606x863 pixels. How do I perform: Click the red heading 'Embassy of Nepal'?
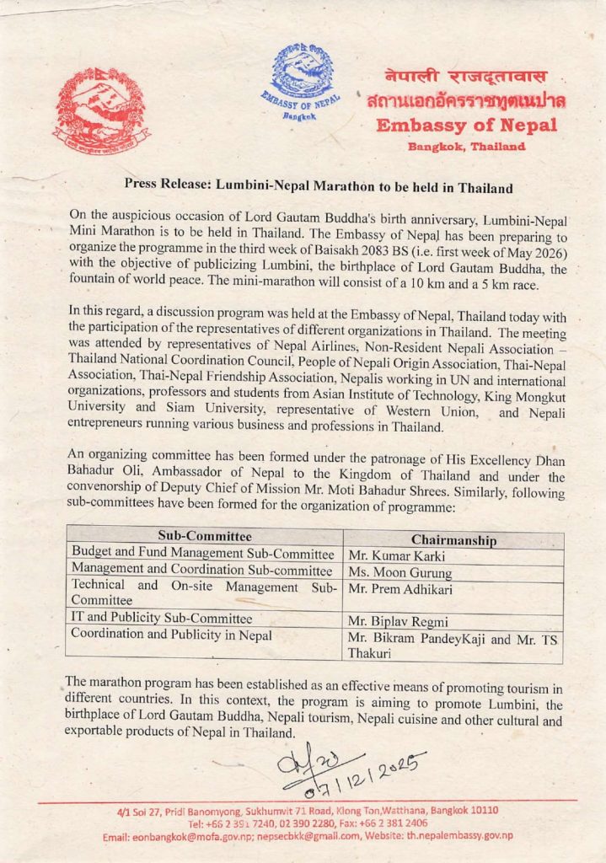click(466, 126)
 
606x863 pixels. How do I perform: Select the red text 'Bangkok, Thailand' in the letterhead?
click(466, 146)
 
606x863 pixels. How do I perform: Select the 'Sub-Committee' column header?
click(204, 536)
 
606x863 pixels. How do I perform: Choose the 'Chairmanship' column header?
click(453, 539)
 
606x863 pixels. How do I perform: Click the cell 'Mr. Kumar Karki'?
click(390, 556)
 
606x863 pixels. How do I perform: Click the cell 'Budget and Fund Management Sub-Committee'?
click(203, 553)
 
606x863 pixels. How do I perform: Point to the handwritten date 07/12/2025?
click(354, 769)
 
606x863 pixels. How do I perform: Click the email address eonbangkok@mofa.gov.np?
click(191, 836)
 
